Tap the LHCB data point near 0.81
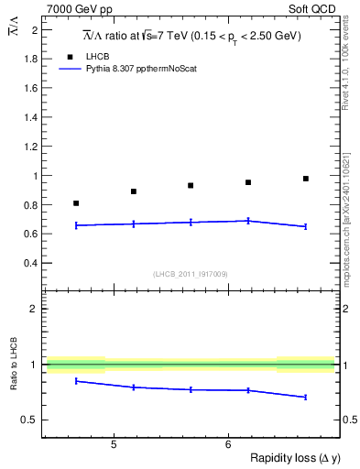point(76,203)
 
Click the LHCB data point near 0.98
point(306,179)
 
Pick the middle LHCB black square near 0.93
point(191,186)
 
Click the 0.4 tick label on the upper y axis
point(30,263)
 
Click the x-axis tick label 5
point(113,445)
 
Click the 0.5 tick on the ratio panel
point(30,420)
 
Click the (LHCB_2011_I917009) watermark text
point(190,273)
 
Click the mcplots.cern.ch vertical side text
point(352,211)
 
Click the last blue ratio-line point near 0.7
point(306,397)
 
